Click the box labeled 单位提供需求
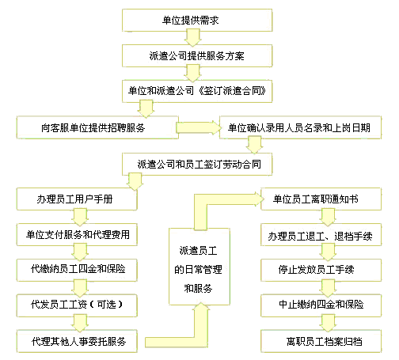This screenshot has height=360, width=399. (x=197, y=21)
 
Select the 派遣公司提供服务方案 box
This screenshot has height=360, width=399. (x=197, y=55)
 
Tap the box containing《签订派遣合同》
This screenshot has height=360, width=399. (x=197, y=91)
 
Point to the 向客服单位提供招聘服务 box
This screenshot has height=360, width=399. (x=97, y=127)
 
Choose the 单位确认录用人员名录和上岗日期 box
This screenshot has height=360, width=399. (x=300, y=127)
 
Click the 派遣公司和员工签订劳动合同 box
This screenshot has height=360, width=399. (x=197, y=164)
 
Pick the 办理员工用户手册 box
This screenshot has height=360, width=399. (x=77, y=199)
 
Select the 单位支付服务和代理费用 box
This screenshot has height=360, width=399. (x=77, y=235)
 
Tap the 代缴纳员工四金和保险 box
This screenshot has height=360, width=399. (x=77, y=270)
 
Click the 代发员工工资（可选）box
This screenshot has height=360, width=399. (x=77, y=305)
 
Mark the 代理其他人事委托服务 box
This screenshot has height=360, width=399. (x=77, y=341)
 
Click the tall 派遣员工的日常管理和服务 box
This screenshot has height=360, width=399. (x=199, y=267)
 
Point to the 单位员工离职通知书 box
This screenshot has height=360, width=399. (x=321, y=199)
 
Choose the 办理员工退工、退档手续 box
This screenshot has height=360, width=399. (x=321, y=235)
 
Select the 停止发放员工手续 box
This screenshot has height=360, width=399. (x=321, y=270)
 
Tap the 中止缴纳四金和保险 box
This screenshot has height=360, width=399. (x=321, y=305)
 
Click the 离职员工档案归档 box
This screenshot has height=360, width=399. (x=321, y=341)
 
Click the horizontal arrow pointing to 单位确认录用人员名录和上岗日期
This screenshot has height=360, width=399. (x=199, y=127)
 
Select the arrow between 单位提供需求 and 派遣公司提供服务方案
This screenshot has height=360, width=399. (x=192, y=38)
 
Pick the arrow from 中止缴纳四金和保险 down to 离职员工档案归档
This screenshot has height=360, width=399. (x=328, y=323)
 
